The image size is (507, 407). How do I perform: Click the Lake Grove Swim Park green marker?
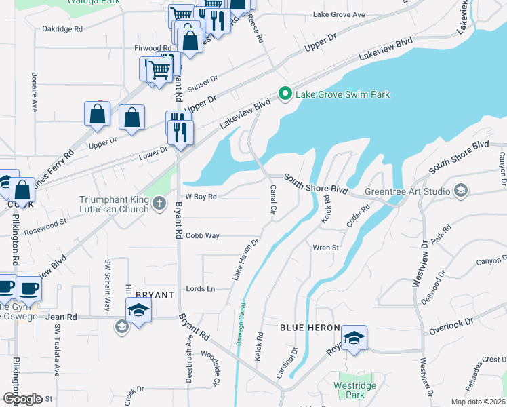285,94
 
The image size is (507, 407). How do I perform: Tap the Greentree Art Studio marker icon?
461,191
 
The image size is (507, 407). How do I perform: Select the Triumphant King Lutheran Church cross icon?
159,203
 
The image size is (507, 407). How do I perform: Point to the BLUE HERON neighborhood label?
310,328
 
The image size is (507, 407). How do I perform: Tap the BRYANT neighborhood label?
155,295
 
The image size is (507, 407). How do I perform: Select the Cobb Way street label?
203,235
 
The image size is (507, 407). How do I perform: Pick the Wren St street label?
325,248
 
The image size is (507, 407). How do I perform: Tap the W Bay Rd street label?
201,197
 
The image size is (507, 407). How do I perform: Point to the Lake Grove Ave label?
338,15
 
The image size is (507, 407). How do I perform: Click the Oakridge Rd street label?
62,29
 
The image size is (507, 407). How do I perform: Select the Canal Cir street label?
274,199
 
